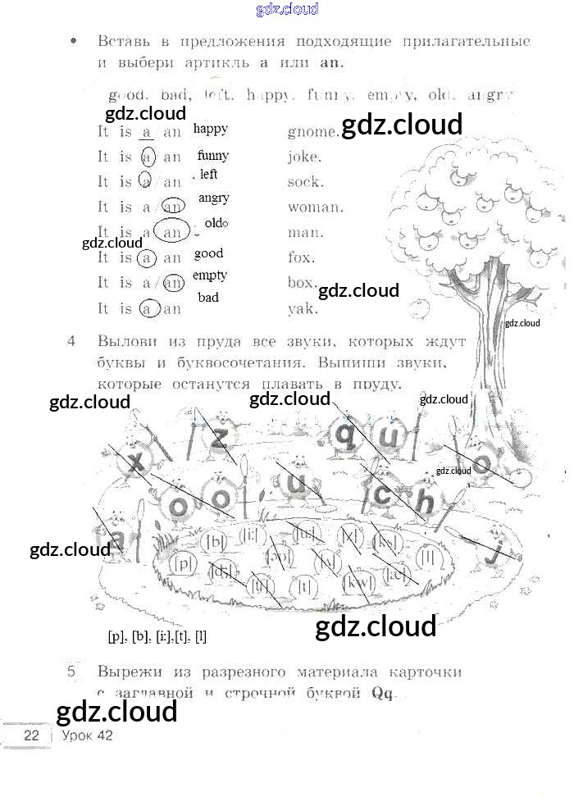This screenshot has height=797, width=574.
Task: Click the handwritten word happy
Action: click(x=211, y=129)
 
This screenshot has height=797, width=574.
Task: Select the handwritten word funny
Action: click(x=213, y=155)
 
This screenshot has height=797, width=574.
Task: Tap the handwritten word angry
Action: click(x=214, y=198)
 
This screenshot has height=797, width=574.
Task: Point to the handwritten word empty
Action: click(x=210, y=276)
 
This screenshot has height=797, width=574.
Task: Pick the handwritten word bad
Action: click(x=208, y=298)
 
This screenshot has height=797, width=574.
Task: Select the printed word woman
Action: click(x=315, y=207)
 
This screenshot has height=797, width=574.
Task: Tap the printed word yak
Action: click(x=303, y=310)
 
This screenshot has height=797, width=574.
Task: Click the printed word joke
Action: click(x=304, y=157)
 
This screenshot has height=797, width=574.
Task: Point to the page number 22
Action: click(x=32, y=735)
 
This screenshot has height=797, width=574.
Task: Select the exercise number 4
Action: click(x=73, y=339)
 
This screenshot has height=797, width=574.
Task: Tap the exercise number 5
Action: click(x=72, y=672)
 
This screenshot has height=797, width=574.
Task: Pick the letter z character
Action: click(x=217, y=440)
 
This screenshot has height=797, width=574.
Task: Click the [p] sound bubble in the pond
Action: click(x=184, y=563)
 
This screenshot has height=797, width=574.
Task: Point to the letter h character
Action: click(x=423, y=499)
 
